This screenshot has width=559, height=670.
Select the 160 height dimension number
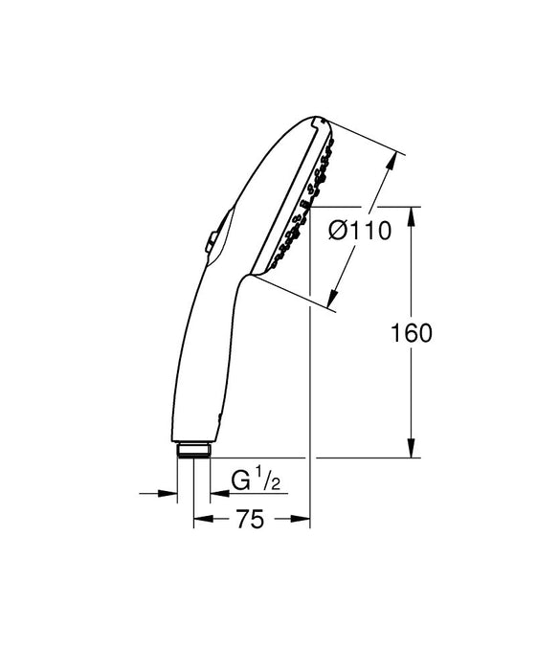pos(412,333)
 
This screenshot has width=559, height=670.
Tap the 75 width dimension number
pos(251,520)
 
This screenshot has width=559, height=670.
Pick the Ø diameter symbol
pos(335,231)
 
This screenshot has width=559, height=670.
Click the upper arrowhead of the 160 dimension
pos(412,214)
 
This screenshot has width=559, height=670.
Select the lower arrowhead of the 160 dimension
pos(412,451)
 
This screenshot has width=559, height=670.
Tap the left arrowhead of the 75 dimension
pos(200,521)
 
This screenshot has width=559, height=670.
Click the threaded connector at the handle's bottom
pos(194,450)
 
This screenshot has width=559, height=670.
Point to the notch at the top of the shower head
pos(316,123)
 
